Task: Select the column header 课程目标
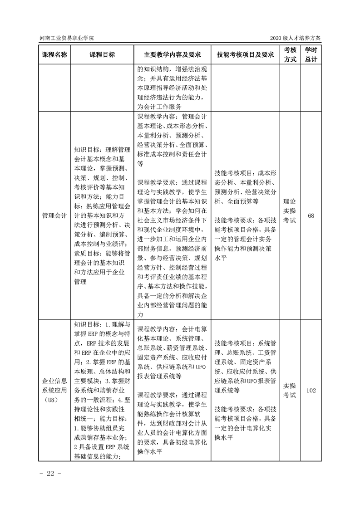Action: coord(102,54)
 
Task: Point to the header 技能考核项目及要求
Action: coord(245,54)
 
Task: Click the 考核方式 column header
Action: coord(290,54)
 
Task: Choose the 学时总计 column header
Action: coord(311,54)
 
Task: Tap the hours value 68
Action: coord(311,215)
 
